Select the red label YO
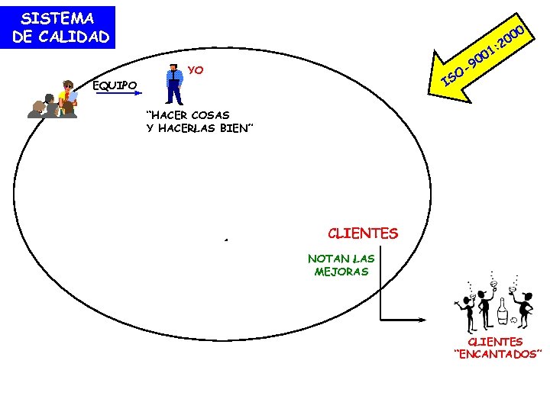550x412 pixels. coord(196,70)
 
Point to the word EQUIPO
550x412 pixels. coord(115,85)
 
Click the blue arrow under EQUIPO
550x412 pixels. coord(119,93)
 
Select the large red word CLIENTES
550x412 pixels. coord(363,233)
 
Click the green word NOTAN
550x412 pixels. coord(325,259)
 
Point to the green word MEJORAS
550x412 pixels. coord(341,271)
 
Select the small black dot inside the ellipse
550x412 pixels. coord(226,240)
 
